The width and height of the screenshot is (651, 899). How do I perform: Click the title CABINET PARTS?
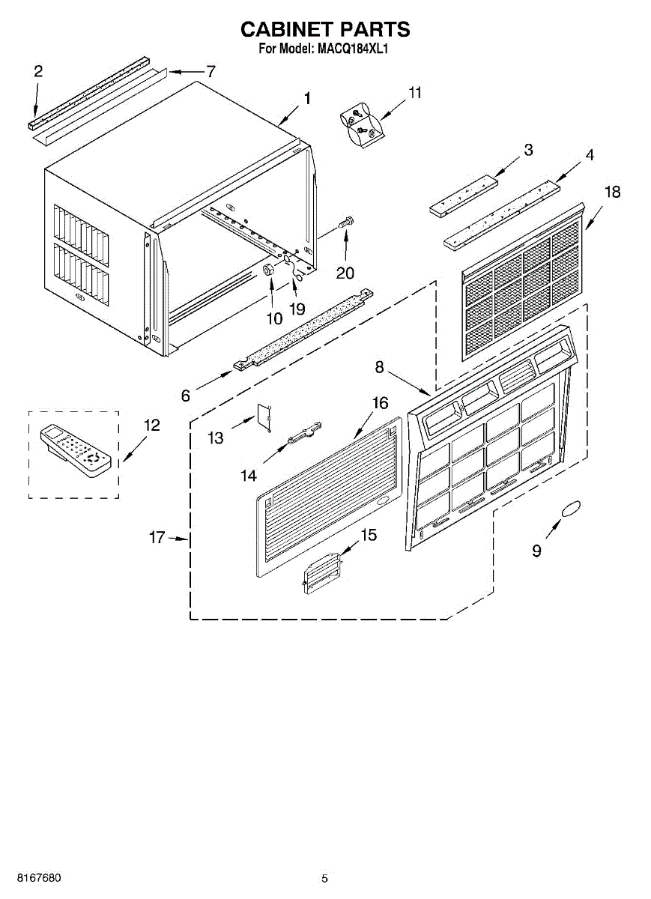[325, 29]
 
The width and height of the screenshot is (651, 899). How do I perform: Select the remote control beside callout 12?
[75, 451]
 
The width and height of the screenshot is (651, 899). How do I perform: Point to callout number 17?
[156, 538]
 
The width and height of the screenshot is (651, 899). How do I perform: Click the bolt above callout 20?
[346, 222]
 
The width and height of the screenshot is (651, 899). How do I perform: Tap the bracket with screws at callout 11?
[362, 125]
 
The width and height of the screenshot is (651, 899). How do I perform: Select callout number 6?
[185, 395]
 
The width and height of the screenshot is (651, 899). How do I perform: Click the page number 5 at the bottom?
[324, 878]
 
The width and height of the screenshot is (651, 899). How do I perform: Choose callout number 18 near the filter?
[612, 193]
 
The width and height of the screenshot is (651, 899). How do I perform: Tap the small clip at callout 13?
[264, 416]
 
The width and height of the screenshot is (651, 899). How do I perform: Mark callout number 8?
[380, 367]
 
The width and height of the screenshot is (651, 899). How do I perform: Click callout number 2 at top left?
[38, 72]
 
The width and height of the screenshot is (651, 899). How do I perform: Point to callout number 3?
[528, 150]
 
